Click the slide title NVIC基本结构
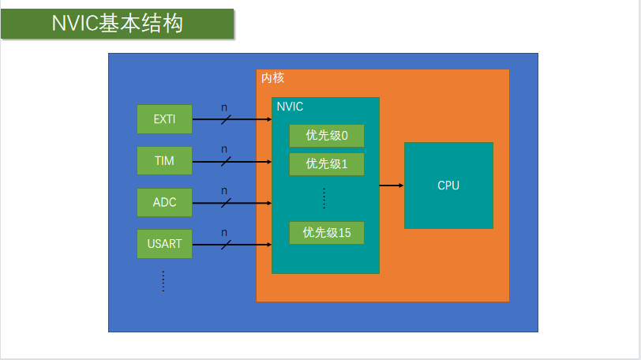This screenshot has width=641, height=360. [118, 24]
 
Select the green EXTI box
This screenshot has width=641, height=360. [164, 120]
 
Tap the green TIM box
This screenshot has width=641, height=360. [164, 161]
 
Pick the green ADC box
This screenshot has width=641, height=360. [164, 202]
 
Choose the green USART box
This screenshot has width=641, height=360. [164, 243]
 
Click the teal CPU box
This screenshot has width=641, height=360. [448, 186]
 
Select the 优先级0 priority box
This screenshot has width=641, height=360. [326, 136]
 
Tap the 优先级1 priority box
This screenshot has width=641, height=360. [326, 164]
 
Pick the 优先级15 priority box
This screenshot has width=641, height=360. [326, 232]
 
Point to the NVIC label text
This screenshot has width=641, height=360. [290, 107]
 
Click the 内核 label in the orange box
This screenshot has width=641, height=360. [272, 78]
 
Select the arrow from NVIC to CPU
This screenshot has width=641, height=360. [392, 186]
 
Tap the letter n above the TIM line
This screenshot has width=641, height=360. [224, 149]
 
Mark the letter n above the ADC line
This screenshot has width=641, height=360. [224, 190]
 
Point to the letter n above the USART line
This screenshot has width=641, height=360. [224, 232]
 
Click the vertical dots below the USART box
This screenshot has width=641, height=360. [163, 280]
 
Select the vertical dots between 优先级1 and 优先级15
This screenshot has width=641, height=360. [324, 198]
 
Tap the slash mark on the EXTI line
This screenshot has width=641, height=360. [226, 120]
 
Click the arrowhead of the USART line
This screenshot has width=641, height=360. [268, 243]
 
